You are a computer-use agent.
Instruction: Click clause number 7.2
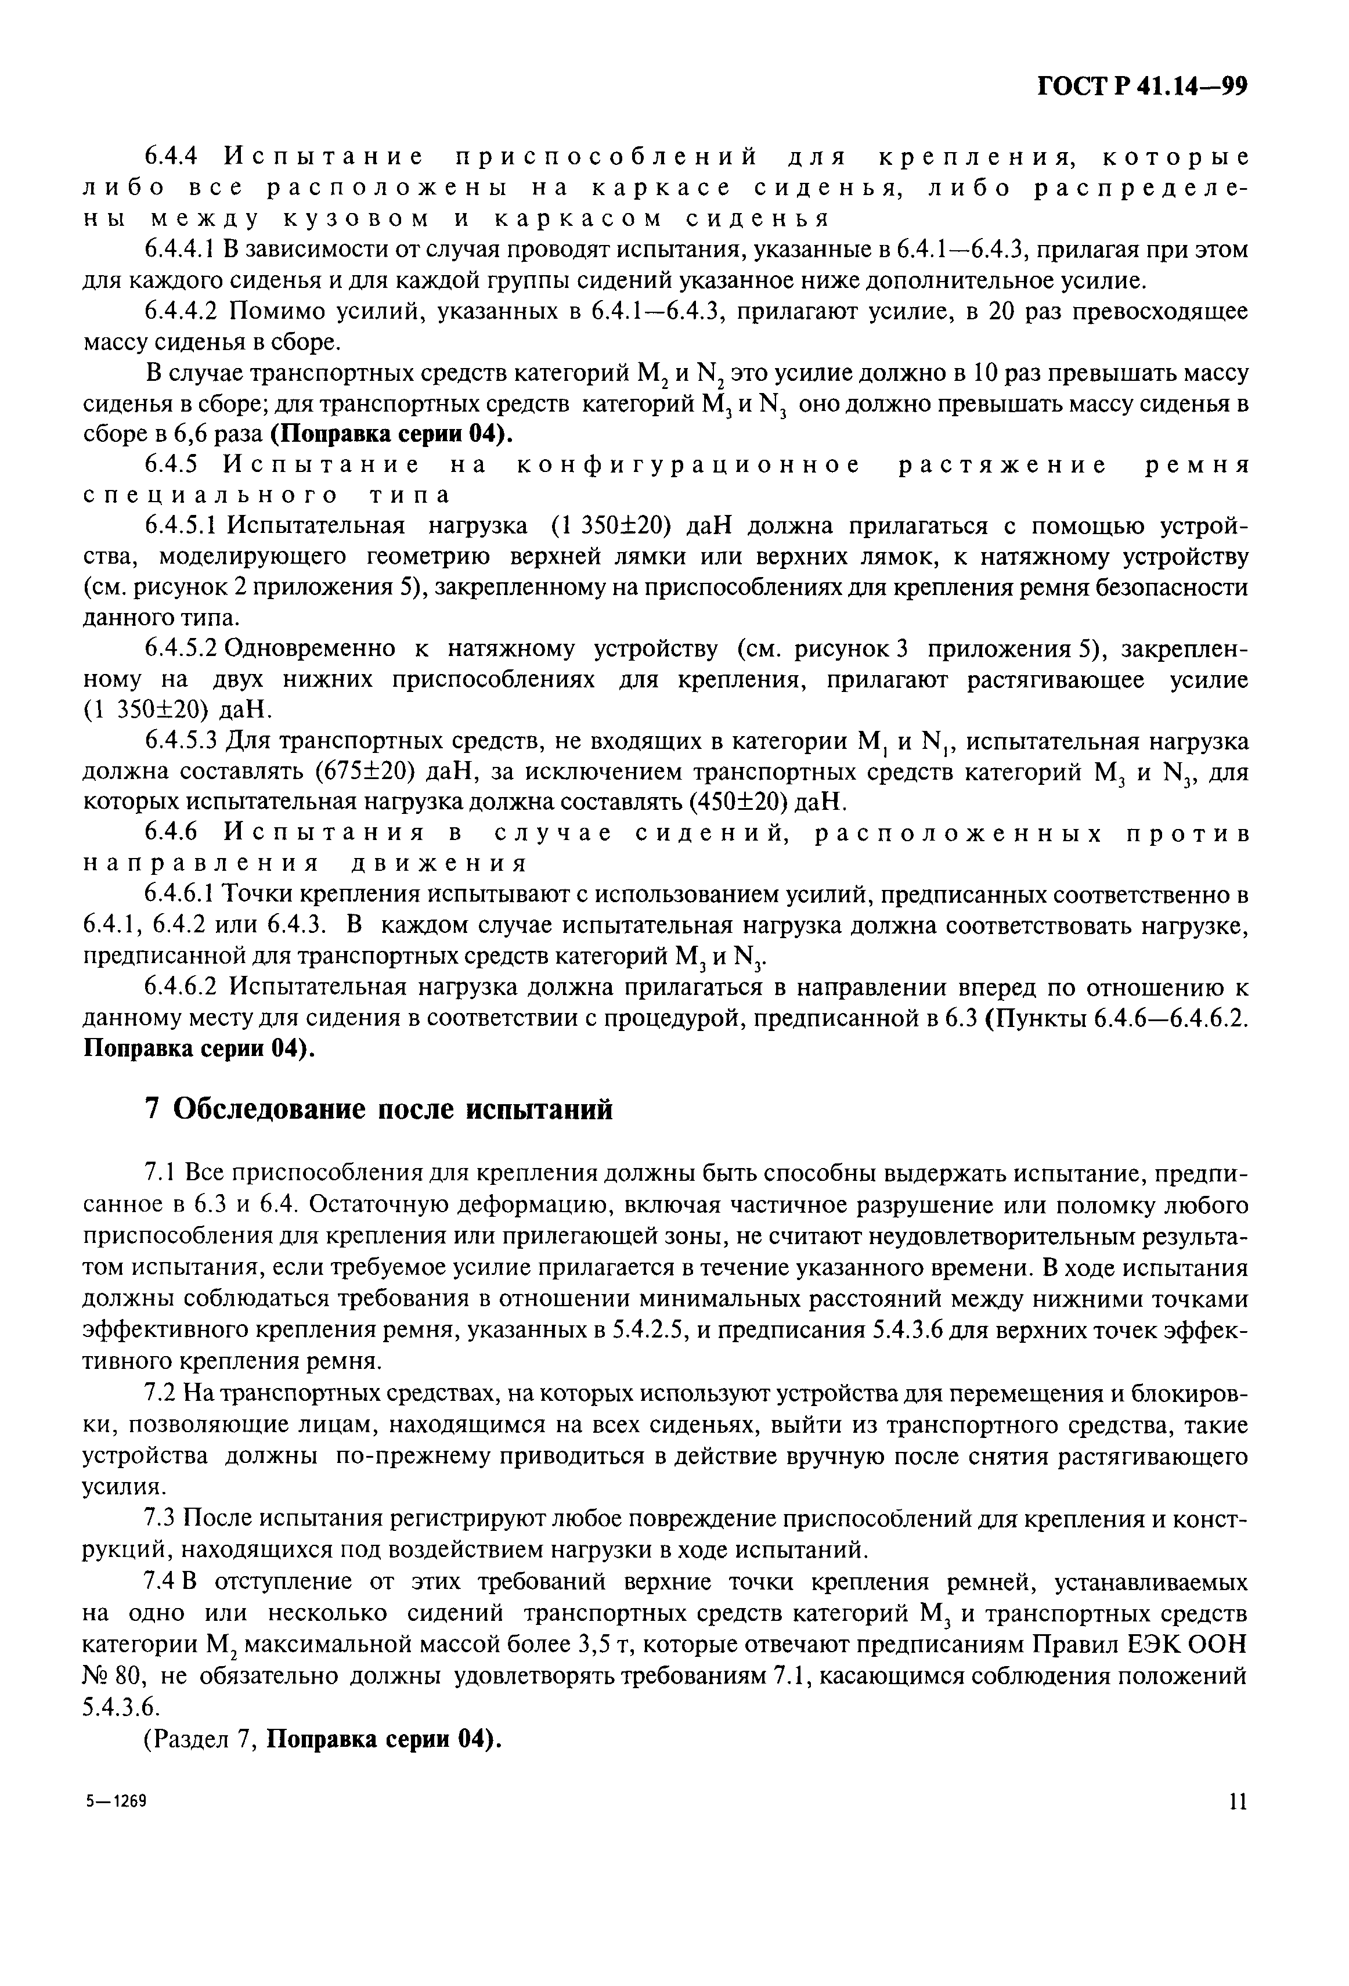(160, 1394)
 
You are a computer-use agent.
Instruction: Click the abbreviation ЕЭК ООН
(1182, 1645)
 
